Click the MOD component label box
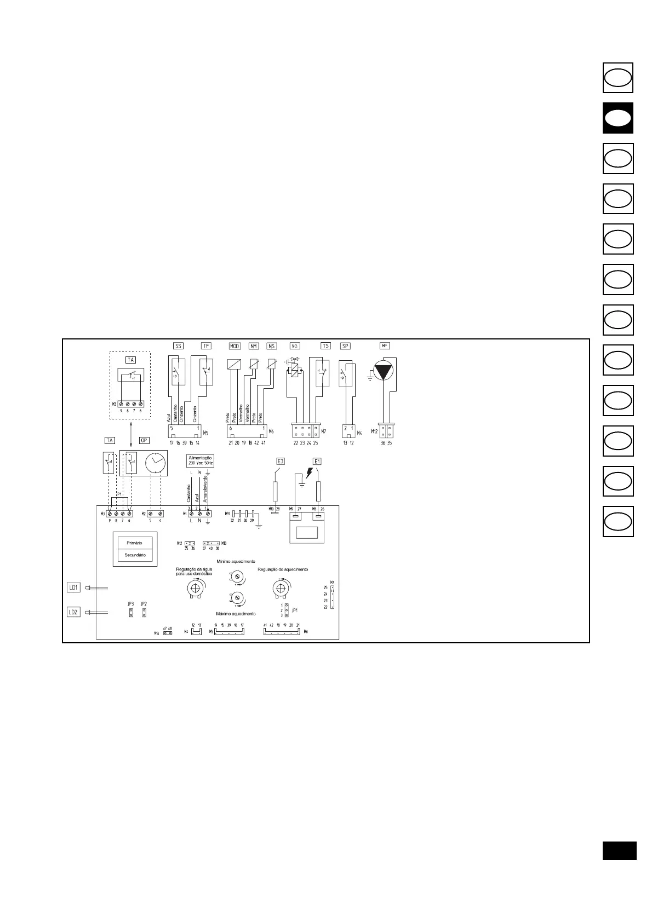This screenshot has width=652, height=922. click(235, 346)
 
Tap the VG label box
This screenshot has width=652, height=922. click(295, 346)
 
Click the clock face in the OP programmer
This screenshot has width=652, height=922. click(156, 463)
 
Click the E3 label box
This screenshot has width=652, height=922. click(281, 461)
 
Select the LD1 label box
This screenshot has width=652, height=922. click(73, 587)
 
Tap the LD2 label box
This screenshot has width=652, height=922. click(73, 612)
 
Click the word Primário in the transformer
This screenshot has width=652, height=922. click(134, 543)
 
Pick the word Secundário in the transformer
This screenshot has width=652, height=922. click(135, 555)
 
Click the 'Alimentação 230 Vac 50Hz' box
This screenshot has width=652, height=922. click(200, 460)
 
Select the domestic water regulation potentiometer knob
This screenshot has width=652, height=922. click(193, 589)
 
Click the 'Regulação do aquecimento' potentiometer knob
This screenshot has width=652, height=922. click(280, 589)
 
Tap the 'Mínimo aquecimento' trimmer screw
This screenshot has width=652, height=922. click(237, 577)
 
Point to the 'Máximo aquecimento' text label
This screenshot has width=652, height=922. click(236, 614)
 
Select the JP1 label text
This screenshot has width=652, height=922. click(295, 610)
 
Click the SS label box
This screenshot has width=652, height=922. click(178, 346)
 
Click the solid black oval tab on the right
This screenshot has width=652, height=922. click(618, 118)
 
